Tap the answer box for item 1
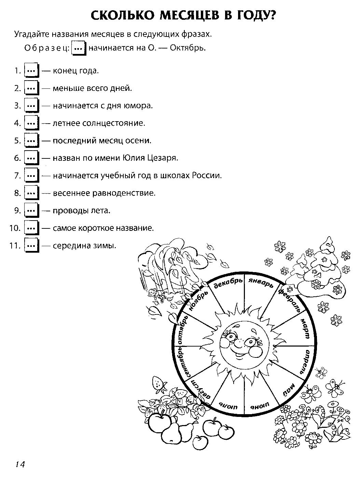tap(31, 70)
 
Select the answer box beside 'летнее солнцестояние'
tap(31, 123)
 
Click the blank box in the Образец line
tap(79, 48)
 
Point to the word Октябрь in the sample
tap(188, 48)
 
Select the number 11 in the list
tap(15, 245)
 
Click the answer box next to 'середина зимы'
tap(31, 245)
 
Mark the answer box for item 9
tap(31, 210)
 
